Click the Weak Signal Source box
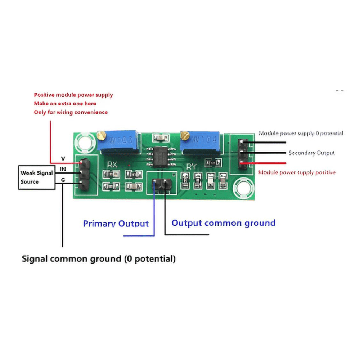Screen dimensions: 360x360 pyautogui.click(x=37, y=177)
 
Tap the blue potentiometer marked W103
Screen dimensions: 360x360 pyautogui.click(x=119, y=142)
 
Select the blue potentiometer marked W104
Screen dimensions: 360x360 pyautogui.click(x=201, y=141)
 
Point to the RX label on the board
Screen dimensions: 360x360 pyautogui.click(x=112, y=165)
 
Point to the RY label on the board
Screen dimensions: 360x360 pyautogui.click(x=191, y=166)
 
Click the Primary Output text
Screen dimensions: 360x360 pyautogui.click(x=116, y=224)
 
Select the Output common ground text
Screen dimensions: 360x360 pyautogui.click(x=224, y=223)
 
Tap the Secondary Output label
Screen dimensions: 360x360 pyautogui.click(x=311, y=153)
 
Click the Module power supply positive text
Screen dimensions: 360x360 pyautogui.click(x=297, y=172)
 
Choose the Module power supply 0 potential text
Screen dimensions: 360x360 pyautogui.click(x=301, y=134)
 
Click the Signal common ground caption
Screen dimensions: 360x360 pyautogui.click(x=99, y=259)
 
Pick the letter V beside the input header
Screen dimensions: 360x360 pyautogui.click(x=63, y=159)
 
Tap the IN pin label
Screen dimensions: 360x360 pyautogui.click(x=63, y=169)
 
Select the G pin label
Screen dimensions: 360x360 pyautogui.click(x=63, y=180)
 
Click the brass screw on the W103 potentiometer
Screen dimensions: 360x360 pyautogui.click(x=102, y=135)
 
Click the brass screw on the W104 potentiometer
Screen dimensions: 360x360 pyautogui.click(x=185, y=135)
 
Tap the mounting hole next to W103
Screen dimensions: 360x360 pyautogui.click(x=85, y=143)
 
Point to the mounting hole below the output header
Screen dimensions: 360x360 pyautogui.click(x=243, y=188)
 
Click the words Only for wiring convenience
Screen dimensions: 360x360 pyautogui.click(x=71, y=112)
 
